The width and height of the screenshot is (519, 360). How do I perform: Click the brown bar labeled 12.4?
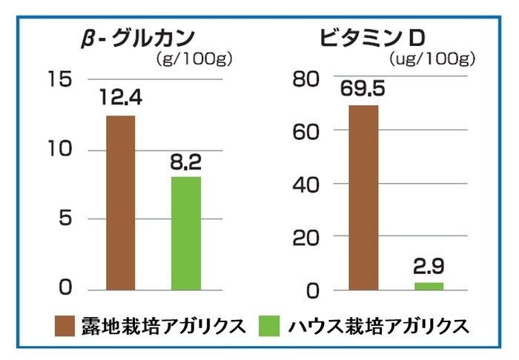click(121, 202)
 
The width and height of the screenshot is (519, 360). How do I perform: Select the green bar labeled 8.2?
click(186, 233)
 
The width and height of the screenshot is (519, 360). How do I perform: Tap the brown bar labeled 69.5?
click(363, 197)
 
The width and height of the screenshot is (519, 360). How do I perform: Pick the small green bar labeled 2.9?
click(429, 286)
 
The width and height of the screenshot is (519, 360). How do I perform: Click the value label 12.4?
click(121, 97)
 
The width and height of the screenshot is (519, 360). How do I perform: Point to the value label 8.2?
click(186, 161)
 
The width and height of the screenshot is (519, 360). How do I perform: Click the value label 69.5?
click(363, 89)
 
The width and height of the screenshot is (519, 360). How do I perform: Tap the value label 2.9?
click(429, 267)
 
